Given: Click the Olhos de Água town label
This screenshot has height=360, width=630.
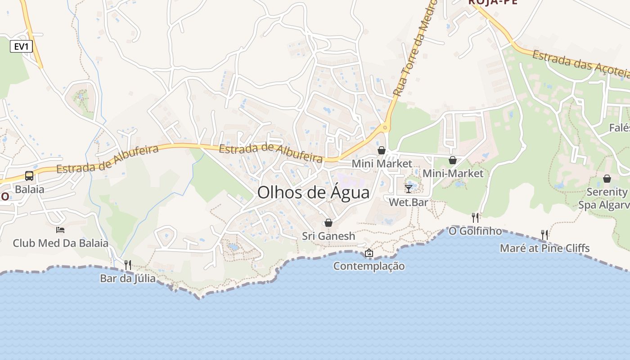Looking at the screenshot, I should tap(313, 193).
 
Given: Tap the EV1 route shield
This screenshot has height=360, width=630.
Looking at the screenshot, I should tap(22, 46).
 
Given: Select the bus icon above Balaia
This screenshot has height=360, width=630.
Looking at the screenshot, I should tap(29, 176).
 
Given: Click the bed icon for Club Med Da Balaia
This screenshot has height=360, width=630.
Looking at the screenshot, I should tap(60, 230).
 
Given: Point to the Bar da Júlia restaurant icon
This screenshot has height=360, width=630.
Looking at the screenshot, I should tap(128, 265).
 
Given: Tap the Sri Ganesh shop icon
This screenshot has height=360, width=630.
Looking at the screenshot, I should tap(328, 223).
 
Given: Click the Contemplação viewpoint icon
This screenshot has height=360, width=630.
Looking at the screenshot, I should tap(369, 253).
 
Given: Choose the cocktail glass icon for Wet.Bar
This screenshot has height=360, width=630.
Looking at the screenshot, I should tap(409, 189).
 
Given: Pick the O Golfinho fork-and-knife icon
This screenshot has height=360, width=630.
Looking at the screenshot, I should tap(475, 218).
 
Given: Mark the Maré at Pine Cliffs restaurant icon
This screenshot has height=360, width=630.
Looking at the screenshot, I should tap(544, 234).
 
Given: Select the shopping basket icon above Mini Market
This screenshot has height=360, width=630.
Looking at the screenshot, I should tap(382, 150).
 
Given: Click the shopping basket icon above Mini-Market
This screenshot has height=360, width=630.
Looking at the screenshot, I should tap(453, 160).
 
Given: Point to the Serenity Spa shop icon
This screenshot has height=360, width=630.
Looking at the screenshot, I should tap(607, 179).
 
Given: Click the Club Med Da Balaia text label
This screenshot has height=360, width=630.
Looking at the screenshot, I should tap(60, 243).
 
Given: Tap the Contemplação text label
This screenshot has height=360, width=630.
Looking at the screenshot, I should tap(369, 266).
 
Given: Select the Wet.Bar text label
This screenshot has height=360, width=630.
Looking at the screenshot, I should tap(409, 202).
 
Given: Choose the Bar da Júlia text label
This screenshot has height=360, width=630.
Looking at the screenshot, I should tap(128, 279).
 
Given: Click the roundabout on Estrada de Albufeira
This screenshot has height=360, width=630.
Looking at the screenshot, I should tap(385, 128).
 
